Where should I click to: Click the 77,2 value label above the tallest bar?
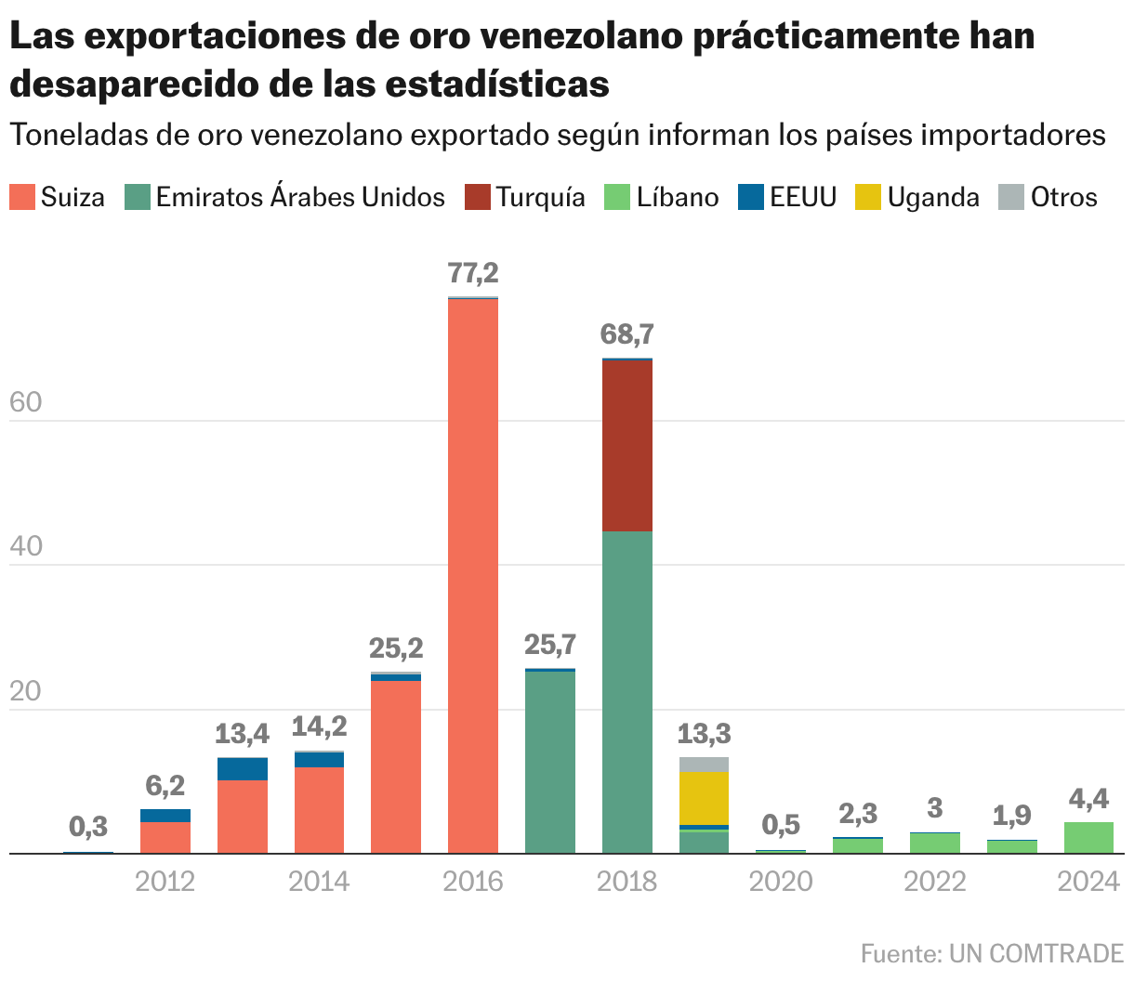click(473, 273)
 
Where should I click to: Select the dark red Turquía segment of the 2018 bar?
click(626, 445)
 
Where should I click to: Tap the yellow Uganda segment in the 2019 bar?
click(704, 798)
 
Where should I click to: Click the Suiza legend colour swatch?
click(22, 197)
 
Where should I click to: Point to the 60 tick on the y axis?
click(25, 403)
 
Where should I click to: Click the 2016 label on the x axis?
click(472, 881)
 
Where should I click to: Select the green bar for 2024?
click(1088, 837)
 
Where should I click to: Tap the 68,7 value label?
click(626, 334)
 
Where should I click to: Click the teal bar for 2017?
click(549, 762)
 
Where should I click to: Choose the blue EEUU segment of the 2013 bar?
click(242, 769)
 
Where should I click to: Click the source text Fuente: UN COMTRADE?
click(991, 953)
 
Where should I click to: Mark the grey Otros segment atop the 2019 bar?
click(704, 765)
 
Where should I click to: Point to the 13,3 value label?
click(704, 735)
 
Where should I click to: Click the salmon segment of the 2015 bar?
click(396, 766)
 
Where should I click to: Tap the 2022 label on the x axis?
click(934, 881)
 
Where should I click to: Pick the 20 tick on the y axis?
click(25, 692)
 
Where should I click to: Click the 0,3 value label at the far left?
click(88, 826)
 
